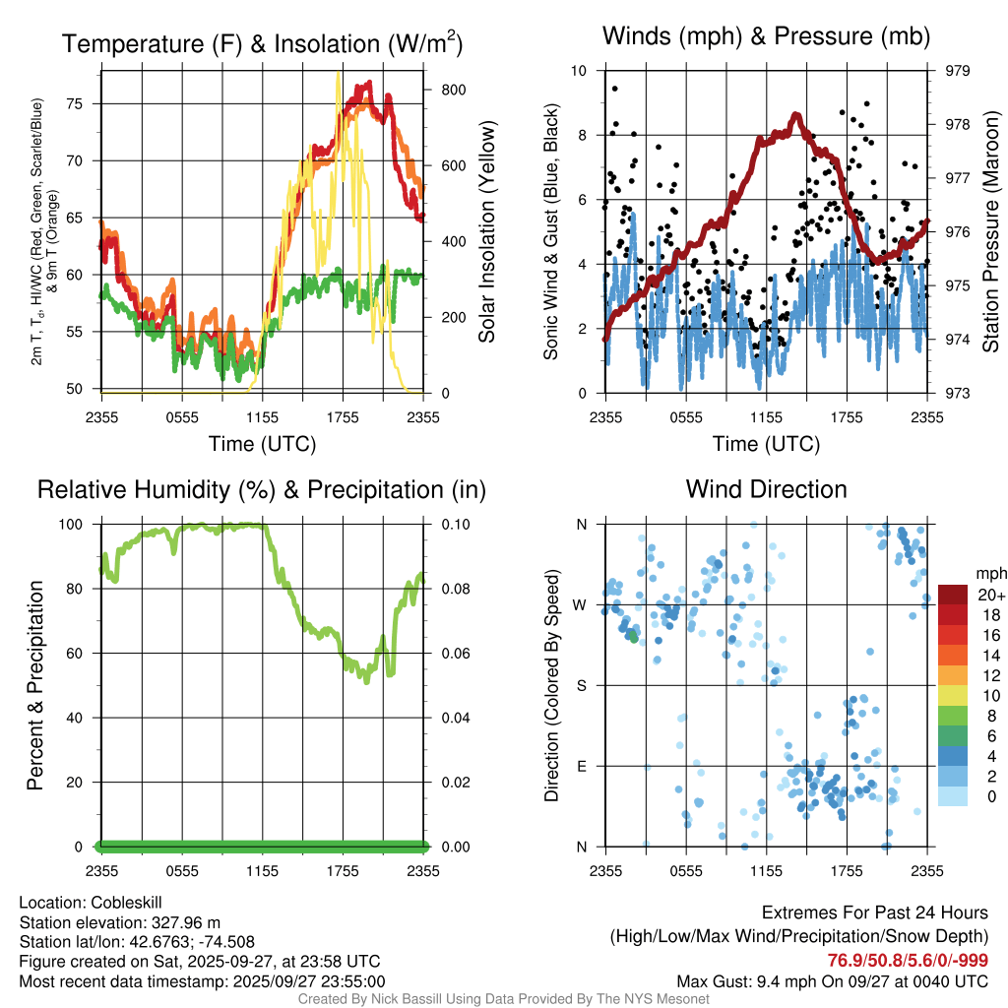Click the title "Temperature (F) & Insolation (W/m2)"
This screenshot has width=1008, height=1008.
point(262,43)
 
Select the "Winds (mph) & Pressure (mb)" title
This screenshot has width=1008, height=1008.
point(766,37)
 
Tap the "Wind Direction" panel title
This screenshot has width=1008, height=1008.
point(766,489)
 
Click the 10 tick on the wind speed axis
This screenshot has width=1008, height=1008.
point(581,71)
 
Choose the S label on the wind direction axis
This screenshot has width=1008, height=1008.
point(581,686)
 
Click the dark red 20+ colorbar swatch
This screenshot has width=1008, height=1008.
point(954,595)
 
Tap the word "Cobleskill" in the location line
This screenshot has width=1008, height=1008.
point(127,903)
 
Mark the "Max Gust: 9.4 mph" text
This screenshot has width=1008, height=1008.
point(740,981)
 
